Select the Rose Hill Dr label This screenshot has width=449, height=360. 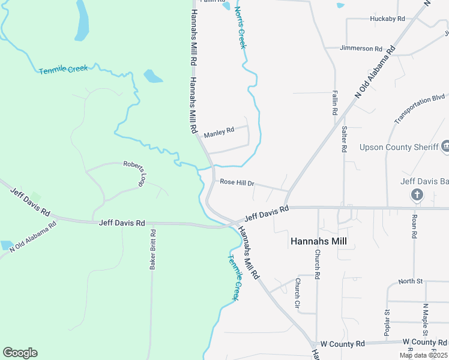pos(237,182)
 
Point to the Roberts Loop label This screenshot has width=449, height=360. pos(135,172)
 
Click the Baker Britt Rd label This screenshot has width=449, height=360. pos(153,248)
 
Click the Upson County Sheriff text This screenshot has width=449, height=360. pos(394,147)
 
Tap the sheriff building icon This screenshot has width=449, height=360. pos(445,146)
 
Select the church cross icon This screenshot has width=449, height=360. pos(417,194)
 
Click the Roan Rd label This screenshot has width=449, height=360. pos(414,226)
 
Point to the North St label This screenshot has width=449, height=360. pos(411,281)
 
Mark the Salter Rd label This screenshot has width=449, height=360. pos(344,139)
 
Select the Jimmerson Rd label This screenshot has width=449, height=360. pos(361,49)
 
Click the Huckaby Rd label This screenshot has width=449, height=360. pos(388,19)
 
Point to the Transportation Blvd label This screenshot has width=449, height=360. pos(420,108)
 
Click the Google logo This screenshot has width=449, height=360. pos(20,353)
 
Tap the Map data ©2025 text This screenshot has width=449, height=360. pos(423,355)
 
